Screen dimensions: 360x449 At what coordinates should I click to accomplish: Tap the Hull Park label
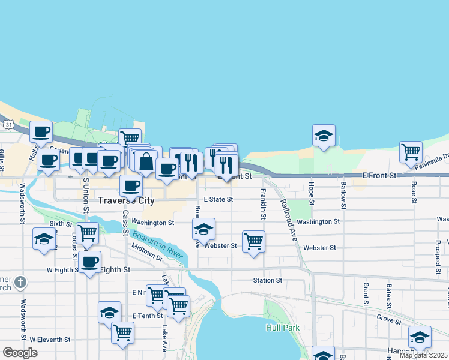pos(282,328)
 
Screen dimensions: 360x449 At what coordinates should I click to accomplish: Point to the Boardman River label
pos(158,245)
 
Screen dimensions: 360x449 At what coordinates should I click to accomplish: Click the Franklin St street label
pos(263,204)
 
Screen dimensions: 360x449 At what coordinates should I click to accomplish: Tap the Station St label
pos(267,280)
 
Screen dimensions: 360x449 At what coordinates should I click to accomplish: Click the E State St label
pos(218,199)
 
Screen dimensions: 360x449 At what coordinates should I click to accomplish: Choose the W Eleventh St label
pos(50,340)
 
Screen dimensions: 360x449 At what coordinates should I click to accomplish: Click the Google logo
pos(20,353)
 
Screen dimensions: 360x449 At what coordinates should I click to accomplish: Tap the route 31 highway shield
pos(8,125)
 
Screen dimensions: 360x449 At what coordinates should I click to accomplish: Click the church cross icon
pos(20,281)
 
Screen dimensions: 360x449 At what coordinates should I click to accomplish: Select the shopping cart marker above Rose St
pos(411,152)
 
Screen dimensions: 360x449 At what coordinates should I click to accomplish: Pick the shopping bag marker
pos(146,161)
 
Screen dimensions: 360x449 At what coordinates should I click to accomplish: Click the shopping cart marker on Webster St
pos(253,241)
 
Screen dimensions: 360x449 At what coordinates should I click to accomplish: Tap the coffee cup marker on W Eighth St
pos(89,262)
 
